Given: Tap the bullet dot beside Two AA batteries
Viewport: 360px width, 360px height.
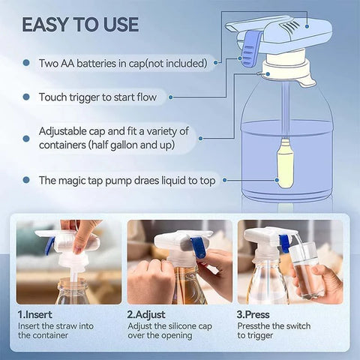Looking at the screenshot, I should [26, 64].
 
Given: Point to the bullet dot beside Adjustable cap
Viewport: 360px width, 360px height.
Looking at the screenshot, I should [26, 132].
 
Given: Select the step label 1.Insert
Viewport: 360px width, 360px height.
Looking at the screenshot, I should [34, 315].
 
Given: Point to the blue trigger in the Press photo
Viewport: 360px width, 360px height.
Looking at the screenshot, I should [285, 241].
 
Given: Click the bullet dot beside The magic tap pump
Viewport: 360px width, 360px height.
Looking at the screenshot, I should [26, 181].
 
